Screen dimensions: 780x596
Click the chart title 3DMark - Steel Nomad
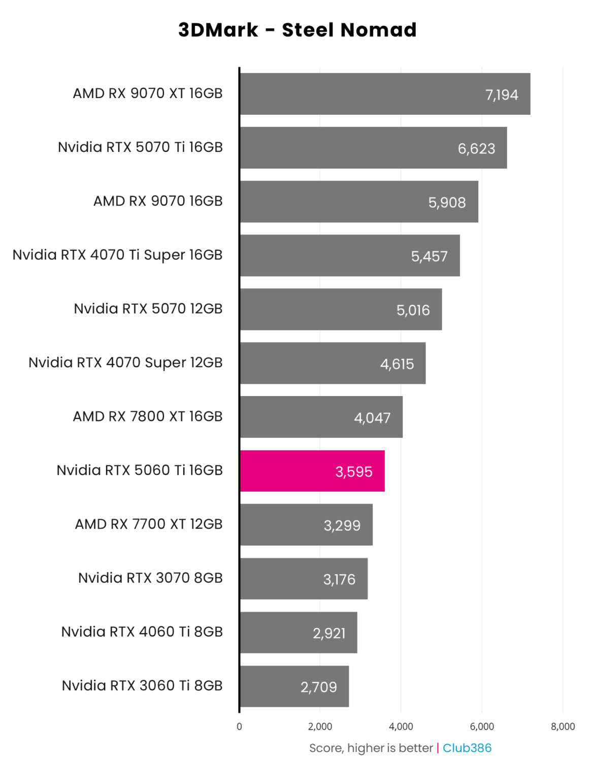point(297,30)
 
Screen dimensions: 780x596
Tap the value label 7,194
point(502,95)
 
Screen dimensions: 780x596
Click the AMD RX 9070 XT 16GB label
point(148,93)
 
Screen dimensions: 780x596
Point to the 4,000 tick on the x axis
point(401,726)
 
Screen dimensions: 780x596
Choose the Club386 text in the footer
point(467,748)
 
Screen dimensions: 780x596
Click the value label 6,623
point(476,149)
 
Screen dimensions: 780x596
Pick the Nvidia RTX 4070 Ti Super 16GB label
point(118,255)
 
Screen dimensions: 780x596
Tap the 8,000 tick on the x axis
point(562,726)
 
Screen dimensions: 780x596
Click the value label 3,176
point(339,579)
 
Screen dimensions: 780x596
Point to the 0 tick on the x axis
point(239,726)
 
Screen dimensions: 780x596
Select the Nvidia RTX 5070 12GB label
point(148,309)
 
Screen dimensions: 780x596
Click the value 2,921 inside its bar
point(329,633)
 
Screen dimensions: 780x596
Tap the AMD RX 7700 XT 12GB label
point(149,524)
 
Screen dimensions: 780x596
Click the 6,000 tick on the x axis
point(482,726)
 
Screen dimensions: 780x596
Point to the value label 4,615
point(397,364)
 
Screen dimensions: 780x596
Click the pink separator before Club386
point(438,748)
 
